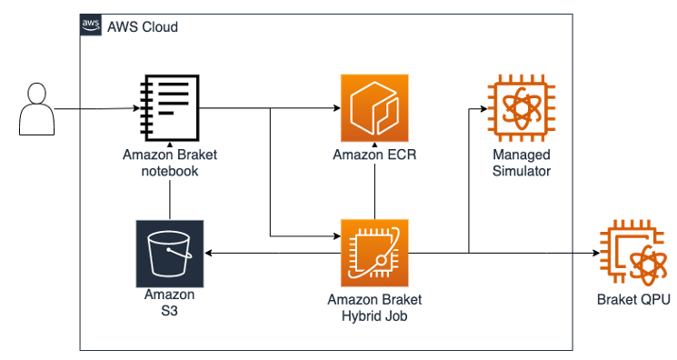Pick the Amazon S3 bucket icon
click(169, 252)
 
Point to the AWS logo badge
click(91, 26)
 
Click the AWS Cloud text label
click(142, 27)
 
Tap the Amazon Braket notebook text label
click(170, 162)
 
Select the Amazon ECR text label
click(374, 155)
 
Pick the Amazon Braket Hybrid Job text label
click(374, 309)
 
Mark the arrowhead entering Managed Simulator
click(482, 110)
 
